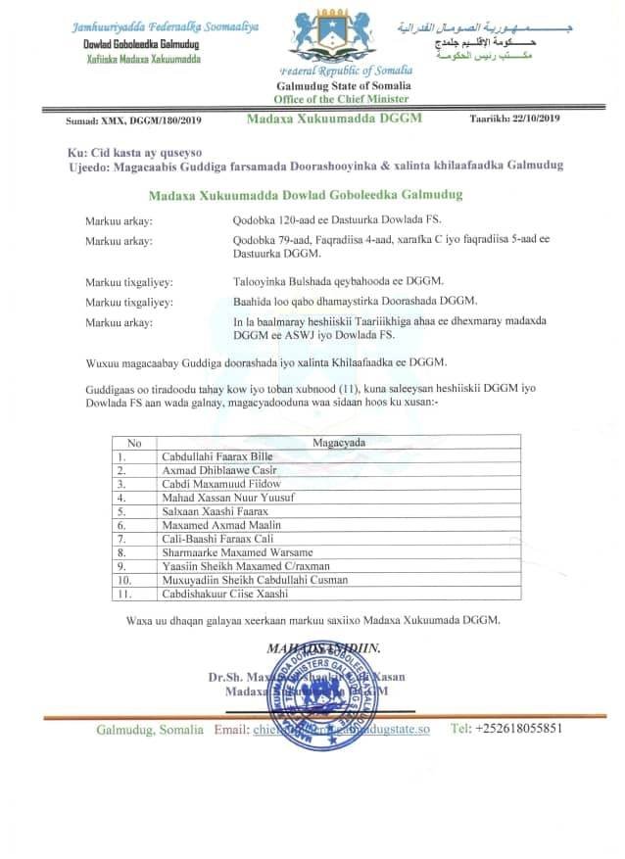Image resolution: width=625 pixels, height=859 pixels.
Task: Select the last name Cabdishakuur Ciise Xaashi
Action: (224, 594)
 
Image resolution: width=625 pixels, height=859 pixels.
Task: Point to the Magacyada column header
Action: (339, 443)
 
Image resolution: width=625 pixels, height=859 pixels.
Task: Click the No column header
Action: (135, 443)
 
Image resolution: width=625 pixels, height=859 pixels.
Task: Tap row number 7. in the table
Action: (122, 539)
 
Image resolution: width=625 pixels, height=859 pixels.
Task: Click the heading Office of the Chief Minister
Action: (343, 100)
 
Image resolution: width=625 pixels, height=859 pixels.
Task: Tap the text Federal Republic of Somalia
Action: (346, 71)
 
